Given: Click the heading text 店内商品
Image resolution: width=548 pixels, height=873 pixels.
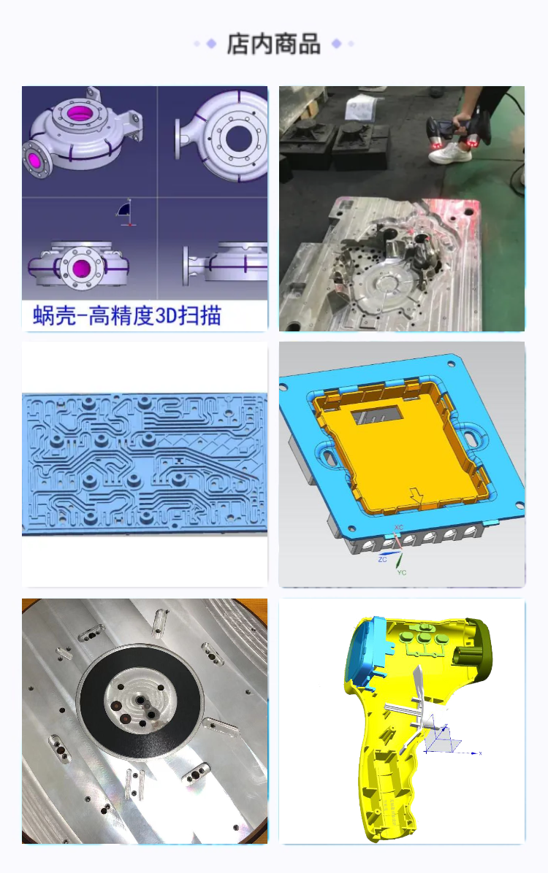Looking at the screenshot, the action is coord(273,44).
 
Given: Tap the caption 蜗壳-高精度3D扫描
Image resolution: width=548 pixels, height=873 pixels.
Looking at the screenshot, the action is coord(127,315).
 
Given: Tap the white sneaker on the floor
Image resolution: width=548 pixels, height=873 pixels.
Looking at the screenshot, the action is coord(450,153).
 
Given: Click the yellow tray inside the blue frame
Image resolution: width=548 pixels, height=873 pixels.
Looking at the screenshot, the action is coord(404,445).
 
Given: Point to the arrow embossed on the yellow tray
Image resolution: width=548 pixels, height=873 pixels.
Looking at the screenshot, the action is coord(416,495).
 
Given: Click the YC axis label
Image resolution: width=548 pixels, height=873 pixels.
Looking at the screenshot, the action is coord(401,572).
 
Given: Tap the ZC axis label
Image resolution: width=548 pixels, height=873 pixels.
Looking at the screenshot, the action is coord(382,559).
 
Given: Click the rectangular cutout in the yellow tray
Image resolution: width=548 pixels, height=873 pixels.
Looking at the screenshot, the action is coord(376,415).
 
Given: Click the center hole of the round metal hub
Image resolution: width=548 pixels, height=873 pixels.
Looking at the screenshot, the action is coord(140,699).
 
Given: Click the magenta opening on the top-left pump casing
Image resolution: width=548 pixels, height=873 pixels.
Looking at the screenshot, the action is coord(79,113).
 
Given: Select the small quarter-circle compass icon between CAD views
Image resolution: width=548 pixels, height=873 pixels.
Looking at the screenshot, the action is coord(126,210).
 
